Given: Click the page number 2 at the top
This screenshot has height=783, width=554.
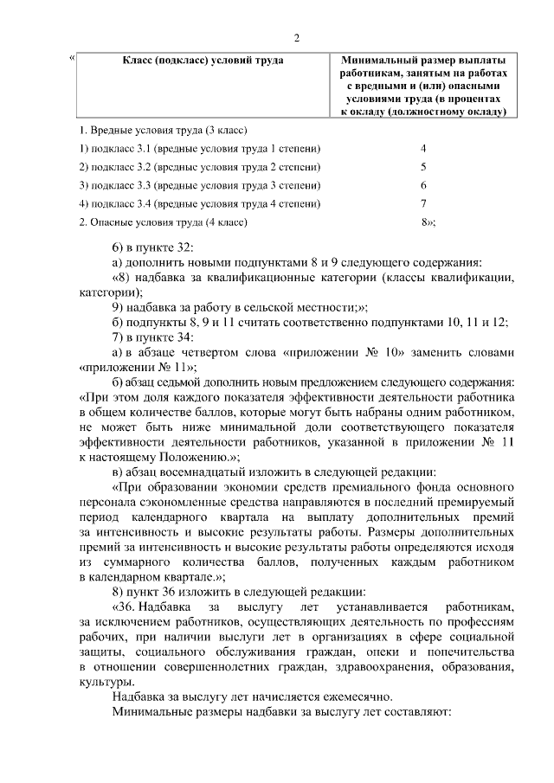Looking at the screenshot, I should coord(297,38).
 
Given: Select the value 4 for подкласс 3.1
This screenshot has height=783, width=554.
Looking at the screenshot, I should coord(423,148).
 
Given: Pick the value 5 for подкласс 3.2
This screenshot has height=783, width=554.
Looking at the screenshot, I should coord(423,166).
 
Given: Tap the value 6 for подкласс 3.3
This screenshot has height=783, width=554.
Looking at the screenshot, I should coord(423,185).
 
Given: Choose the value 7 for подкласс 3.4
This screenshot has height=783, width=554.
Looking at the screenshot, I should coord(423,203).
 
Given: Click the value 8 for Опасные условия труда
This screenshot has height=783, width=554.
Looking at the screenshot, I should coord(425,221).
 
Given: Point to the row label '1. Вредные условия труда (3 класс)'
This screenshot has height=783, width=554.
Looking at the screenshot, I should coord(164,130).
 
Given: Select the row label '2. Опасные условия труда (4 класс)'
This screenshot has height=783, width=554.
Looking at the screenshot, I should coord(164,221).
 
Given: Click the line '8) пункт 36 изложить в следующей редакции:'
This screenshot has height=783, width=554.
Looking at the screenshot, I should coord(240,592).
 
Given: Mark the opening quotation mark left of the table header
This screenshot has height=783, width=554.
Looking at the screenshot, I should coord(72,59).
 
